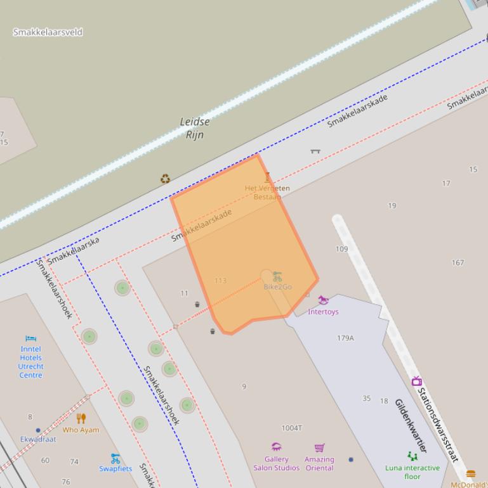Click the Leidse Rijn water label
tap(194, 128)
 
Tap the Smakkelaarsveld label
tap(48, 32)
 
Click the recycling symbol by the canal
tap(165, 179)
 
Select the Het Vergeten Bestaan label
tap(267, 192)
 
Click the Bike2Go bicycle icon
tap(277, 276)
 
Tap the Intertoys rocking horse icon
tap(323, 300)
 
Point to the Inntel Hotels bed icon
tap(30, 338)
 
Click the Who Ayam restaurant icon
tap(81, 418)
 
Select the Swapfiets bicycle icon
tap(115, 458)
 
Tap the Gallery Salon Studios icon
tap(276, 447)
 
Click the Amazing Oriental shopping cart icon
tap(319, 448)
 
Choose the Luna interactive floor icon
tap(412, 456)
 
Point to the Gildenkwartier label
tap(411, 425)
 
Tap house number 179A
tap(345, 338)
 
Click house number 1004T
tap(291, 428)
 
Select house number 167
tap(458, 262)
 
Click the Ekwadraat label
tap(38, 439)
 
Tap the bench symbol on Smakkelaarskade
tap(315, 151)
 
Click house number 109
tap(341, 249)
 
